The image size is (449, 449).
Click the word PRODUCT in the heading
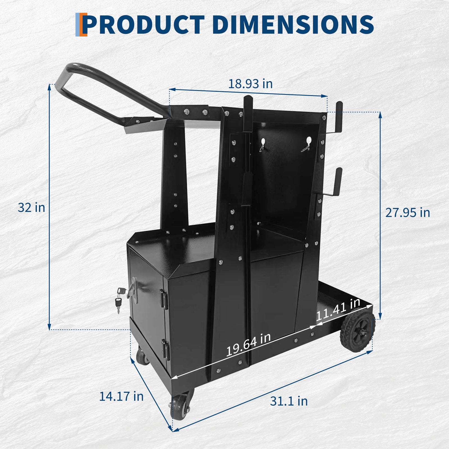pyautogui.click(x=144, y=25)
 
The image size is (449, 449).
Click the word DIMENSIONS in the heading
pyautogui.click(x=293, y=25)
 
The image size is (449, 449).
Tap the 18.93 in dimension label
pyautogui.click(x=250, y=84)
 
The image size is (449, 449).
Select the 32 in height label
pyautogui.click(x=31, y=208)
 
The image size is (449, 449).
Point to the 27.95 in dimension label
pyautogui.click(x=407, y=212)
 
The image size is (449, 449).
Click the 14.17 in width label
pyautogui.click(x=121, y=396)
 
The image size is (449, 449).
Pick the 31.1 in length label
pyautogui.click(x=289, y=401)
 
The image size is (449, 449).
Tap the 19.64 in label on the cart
pyautogui.click(x=248, y=345)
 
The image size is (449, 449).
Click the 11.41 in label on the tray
pyautogui.click(x=338, y=310)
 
